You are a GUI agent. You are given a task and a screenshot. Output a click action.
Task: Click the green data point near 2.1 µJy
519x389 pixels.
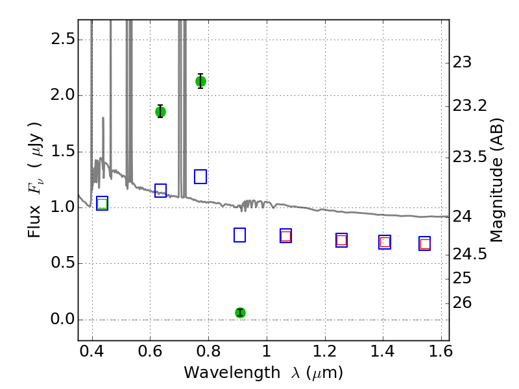200,81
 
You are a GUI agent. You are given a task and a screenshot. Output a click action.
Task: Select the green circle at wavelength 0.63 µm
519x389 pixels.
160,112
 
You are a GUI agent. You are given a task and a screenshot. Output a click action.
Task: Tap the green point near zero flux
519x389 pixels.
240,312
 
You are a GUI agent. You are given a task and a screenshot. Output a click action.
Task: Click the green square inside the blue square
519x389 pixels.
103,204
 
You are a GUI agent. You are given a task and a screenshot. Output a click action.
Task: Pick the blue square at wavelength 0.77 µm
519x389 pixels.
200,176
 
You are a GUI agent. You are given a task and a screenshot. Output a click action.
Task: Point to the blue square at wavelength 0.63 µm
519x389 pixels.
160,191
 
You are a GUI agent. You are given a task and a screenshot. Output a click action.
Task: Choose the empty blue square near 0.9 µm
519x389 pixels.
239,235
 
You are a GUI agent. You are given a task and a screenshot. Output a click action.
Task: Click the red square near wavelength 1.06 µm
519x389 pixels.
285,236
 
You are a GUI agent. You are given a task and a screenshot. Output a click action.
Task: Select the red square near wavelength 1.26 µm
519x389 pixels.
342,240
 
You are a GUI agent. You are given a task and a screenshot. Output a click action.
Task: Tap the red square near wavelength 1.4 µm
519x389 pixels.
385,242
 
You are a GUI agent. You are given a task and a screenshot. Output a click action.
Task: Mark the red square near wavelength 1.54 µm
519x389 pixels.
425,244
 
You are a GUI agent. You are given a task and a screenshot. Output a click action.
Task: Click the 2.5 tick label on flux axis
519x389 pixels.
63,40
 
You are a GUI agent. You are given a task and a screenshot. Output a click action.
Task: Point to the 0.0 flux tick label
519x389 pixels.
63,320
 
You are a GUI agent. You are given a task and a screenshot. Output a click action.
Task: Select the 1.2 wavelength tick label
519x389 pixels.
325,351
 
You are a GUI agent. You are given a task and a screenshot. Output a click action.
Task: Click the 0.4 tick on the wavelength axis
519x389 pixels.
92,351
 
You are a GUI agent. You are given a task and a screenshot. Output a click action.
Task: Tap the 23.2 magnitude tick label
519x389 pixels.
470,106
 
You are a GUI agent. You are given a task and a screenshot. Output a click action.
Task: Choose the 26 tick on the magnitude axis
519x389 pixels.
462,303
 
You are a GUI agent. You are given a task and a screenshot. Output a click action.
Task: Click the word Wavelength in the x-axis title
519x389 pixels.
232,373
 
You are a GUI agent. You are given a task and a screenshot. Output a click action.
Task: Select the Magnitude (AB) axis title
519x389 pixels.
496,180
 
